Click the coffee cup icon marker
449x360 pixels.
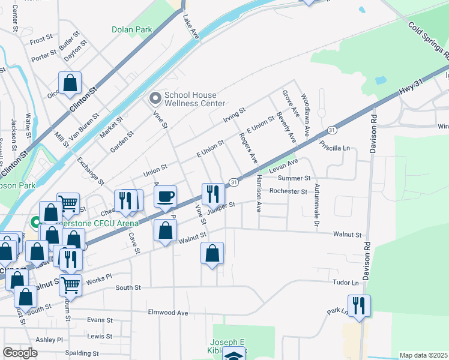point(165,196)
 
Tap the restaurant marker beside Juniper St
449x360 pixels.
point(212,194)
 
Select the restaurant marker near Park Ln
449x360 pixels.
point(359,305)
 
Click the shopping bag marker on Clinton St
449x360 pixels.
point(70,83)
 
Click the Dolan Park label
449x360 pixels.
point(132,29)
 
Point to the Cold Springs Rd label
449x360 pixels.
point(428,40)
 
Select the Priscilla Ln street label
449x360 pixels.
point(336,146)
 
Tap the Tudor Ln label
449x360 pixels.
point(346,282)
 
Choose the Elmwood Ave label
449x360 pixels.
point(169,313)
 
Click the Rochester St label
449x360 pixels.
point(288,191)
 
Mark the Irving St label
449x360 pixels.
point(234,113)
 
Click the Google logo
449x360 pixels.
point(20,352)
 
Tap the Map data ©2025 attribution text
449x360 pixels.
point(423,355)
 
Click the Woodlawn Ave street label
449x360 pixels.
point(305,115)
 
